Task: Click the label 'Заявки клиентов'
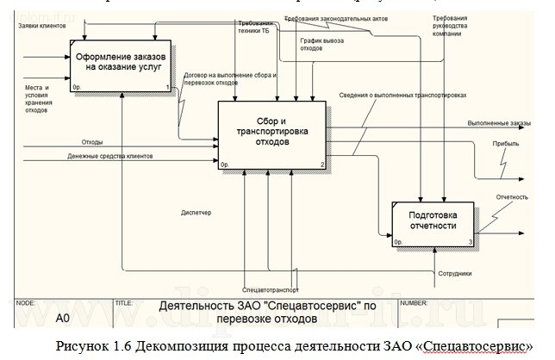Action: point(43,26)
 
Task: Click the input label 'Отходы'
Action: point(92,141)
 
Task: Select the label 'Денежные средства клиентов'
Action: point(110,157)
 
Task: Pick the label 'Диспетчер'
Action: point(196,212)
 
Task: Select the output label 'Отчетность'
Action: point(512,197)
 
